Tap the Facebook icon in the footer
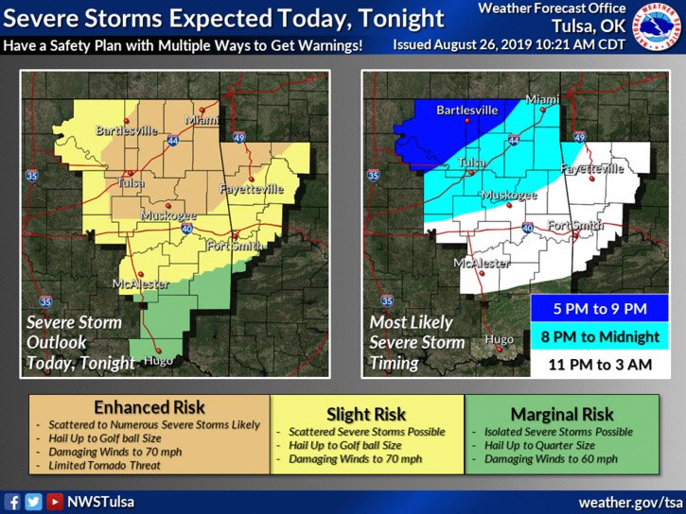coord(12,502)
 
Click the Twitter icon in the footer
coord(33,502)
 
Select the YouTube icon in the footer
coord(55,502)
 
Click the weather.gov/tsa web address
coord(630,502)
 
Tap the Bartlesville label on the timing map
coord(466,111)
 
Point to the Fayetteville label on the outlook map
coord(251,189)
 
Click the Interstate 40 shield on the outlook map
coord(188,228)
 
